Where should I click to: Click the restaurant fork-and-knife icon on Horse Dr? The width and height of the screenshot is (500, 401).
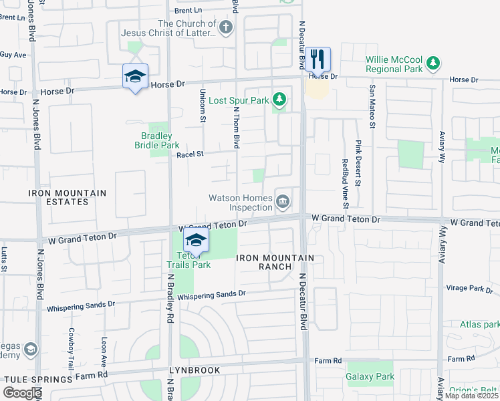click(318, 59)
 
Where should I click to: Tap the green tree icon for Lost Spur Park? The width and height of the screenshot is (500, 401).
click(279, 101)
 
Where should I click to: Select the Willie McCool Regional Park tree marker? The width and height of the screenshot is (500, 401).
click(434, 63)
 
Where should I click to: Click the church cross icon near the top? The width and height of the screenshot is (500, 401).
click(227, 27)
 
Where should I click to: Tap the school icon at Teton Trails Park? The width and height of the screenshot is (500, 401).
click(196, 240)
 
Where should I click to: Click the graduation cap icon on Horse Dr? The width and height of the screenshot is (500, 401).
click(135, 77)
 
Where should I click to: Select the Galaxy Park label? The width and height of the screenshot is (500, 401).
click(370, 376)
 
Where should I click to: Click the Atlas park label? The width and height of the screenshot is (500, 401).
click(479, 324)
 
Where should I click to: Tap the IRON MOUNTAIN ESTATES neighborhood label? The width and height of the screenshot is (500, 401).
click(67, 197)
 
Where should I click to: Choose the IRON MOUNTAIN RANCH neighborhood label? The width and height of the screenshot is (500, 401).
click(275, 262)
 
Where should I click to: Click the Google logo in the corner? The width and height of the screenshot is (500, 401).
click(22, 393)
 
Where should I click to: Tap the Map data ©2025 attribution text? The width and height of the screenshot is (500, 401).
click(471, 396)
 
